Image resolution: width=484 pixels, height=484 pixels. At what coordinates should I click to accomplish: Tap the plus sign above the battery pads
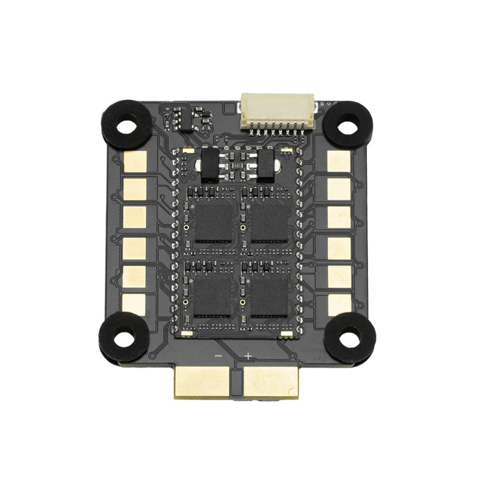248,357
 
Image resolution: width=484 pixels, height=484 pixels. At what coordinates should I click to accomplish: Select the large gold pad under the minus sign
201,381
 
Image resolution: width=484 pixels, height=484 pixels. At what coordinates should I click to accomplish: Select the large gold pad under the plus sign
271,381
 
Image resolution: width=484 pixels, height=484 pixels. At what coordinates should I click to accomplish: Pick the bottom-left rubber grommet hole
124,338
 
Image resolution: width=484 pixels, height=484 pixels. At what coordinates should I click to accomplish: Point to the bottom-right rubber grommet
349,337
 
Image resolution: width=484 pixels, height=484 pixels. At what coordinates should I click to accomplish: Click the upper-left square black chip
212,221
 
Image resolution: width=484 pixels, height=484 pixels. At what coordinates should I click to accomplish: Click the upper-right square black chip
270,221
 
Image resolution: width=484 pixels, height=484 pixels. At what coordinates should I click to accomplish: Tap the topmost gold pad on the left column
135,161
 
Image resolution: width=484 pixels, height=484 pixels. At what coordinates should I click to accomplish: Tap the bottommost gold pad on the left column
134,304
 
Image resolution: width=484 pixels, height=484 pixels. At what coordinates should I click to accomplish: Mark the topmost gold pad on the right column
339,161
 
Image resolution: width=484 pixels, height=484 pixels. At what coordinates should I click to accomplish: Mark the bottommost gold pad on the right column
340,304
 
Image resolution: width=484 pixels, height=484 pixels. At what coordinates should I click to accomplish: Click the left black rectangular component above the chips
210,165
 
